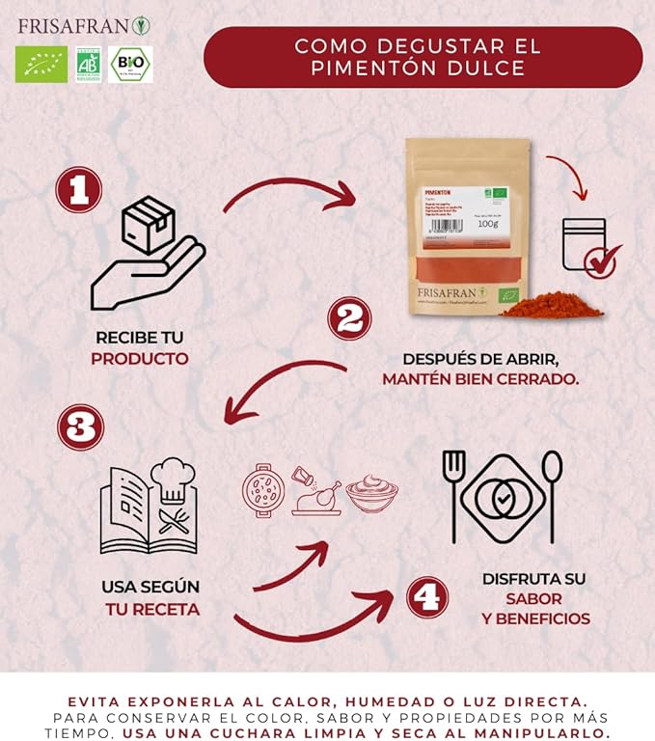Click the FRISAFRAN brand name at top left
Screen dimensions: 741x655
69,23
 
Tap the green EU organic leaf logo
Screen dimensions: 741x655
41,65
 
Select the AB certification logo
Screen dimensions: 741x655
88,65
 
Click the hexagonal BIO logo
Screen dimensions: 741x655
130,65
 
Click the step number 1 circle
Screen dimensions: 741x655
78,190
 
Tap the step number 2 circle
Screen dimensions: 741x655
349,318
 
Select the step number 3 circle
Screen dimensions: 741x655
79,427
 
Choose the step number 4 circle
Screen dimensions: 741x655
427,598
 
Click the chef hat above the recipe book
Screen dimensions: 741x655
172,479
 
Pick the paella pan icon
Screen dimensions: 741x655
262,488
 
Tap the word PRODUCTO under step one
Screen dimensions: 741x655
140,359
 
